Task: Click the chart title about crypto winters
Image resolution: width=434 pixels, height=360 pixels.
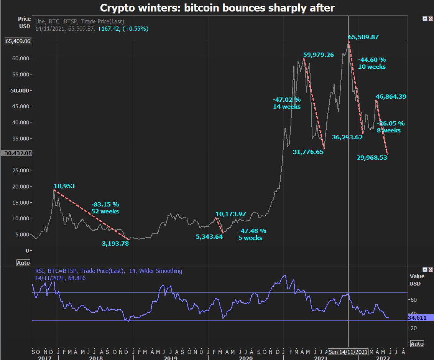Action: point(217,8)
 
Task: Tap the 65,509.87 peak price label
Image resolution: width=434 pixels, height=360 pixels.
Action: point(363,37)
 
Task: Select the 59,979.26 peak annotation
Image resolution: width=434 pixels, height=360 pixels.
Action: point(318,55)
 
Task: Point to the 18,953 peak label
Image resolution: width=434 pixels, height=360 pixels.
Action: point(64,186)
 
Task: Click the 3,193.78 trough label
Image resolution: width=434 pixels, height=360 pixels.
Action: point(115,243)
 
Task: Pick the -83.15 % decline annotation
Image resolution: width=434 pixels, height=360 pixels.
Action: point(105,205)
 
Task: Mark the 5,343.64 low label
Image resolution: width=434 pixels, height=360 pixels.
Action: point(209,237)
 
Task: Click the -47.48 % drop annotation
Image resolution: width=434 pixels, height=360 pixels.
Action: point(252,231)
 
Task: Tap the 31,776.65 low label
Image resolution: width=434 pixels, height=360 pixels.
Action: point(308,152)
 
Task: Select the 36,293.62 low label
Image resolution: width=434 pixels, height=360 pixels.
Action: point(347,137)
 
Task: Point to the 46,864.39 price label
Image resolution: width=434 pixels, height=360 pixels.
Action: point(391,97)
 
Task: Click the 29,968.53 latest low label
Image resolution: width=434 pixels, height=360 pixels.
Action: point(372,157)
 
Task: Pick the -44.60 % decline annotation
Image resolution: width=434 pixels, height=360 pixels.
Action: point(372,60)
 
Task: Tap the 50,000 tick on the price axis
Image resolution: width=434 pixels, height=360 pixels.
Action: point(19,90)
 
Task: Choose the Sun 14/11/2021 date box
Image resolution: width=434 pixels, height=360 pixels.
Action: point(348,352)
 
